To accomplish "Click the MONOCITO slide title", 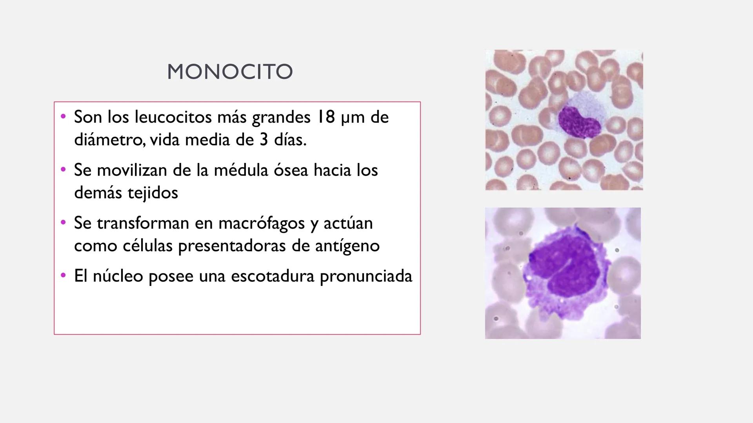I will (x=230, y=72).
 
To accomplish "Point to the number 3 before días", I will (x=264, y=140).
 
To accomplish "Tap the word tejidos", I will (x=153, y=193).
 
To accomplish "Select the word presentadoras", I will (x=232, y=246).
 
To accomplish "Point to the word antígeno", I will (x=347, y=246).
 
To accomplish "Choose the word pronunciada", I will (x=366, y=276).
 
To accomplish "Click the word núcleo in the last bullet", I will (x=118, y=276).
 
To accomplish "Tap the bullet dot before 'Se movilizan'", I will (x=63, y=170).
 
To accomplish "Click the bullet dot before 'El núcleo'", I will (x=63, y=276).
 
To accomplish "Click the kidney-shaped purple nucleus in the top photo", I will (x=578, y=123).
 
